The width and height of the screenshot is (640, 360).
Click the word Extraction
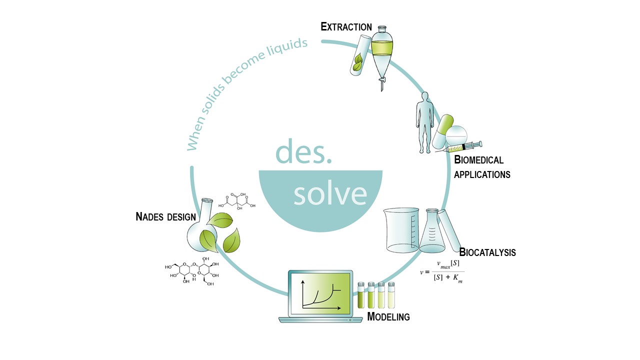coord(346,27)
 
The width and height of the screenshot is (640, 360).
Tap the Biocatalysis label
coord(487,252)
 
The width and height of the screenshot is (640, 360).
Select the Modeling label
coord(388,316)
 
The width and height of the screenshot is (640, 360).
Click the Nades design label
coord(165,217)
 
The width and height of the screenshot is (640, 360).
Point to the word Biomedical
coord(478,160)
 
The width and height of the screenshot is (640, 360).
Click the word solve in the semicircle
coord(330,194)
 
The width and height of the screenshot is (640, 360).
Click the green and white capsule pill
coord(442,131)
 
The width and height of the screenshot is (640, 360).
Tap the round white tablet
coord(456,135)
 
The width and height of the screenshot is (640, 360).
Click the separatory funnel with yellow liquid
coord(382,55)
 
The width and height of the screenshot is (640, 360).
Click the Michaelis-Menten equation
coord(442,271)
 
